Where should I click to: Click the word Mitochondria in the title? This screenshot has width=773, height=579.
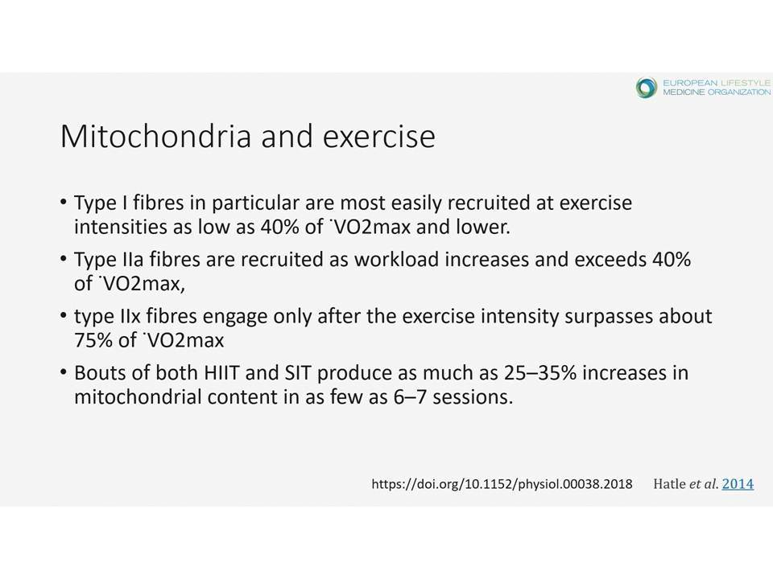coord(155,136)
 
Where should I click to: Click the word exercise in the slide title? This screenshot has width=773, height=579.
coord(379,137)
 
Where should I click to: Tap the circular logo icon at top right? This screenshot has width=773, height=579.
coord(647,88)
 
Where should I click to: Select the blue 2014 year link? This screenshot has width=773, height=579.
coord(738,484)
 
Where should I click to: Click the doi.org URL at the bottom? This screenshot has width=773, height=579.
coord(502,484)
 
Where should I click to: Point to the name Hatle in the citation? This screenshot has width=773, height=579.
coord(669,484)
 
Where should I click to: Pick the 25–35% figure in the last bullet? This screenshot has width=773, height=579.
coord(540,372)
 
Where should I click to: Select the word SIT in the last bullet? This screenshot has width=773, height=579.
coord(298,372)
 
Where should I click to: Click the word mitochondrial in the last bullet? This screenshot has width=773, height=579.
coord(138,396)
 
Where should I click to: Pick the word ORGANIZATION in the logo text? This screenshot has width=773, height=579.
coord(739,92)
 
